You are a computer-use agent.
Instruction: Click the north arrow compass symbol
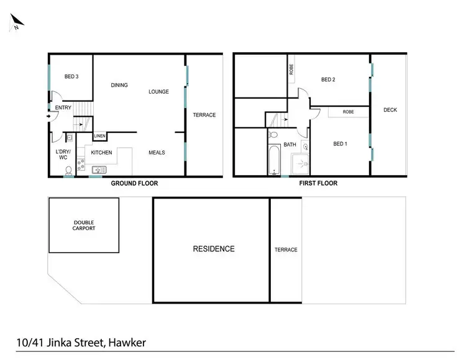[15, 23]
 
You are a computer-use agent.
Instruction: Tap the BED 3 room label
[71, 77]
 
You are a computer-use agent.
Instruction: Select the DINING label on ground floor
[119, 85]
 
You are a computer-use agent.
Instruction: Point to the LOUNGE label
[158, 92]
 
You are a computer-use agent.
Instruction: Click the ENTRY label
[63, 108]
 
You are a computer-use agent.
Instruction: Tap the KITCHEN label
[101, 152]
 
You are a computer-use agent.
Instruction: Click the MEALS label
[157, 152]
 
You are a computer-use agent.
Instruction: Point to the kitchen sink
[99, 169]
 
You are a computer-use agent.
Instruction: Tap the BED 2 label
[328, 79]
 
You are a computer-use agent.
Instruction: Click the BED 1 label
[339, 144]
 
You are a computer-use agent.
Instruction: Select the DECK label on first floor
[390, 110]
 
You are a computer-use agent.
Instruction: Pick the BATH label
[290, 145]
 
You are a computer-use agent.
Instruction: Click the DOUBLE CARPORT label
[84, 226]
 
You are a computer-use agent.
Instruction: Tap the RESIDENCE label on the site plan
[214, 249]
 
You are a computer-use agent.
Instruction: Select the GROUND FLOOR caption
[134, 184]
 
